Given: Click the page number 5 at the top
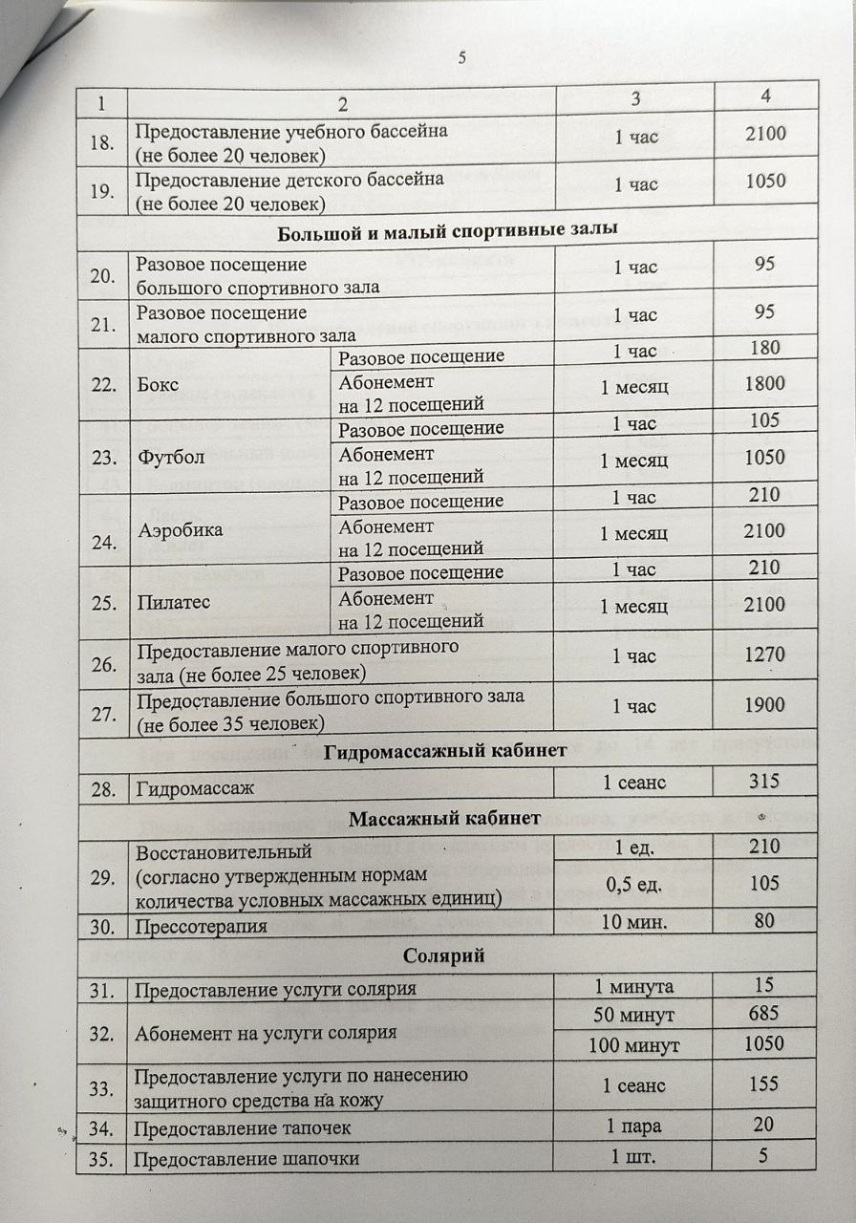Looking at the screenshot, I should point(461,58).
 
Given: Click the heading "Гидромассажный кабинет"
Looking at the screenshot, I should point(448,752).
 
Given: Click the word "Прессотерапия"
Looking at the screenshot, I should point(201,926).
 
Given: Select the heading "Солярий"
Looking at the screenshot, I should point(446,955).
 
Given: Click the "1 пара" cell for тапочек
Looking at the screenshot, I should point(634,1126).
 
